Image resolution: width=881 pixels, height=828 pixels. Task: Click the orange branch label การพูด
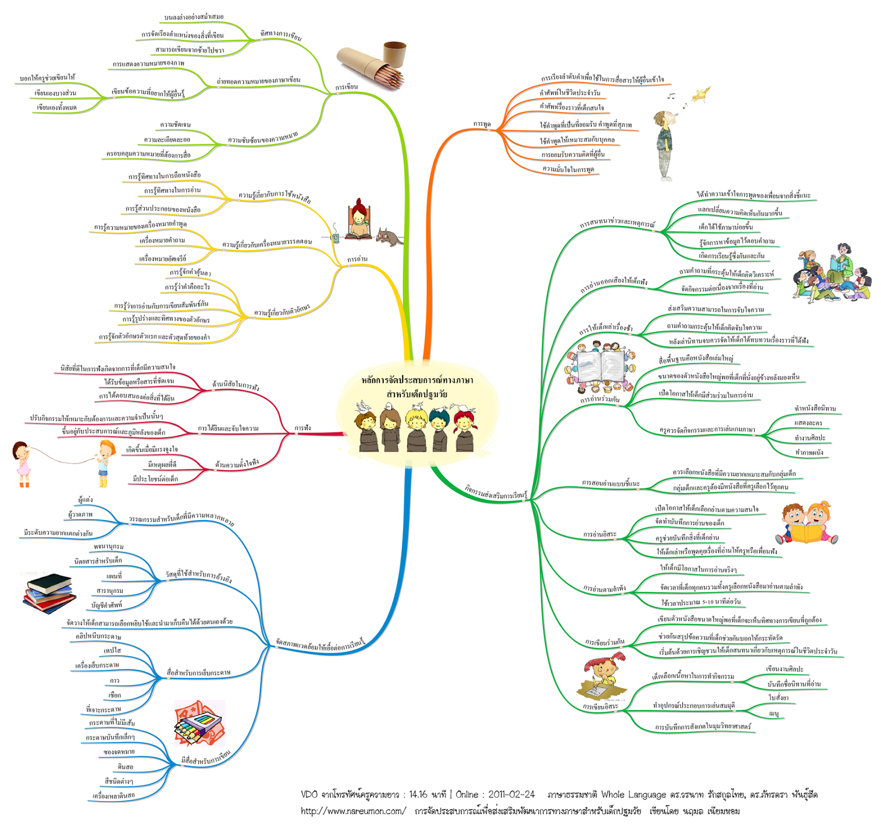pos(482,125)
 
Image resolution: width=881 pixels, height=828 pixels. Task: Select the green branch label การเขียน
pos(346,87)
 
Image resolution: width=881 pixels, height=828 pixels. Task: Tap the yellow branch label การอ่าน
pos(357,259)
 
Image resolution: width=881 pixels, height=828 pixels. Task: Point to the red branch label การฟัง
pos(302,428)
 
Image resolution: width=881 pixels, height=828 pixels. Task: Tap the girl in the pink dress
pos(22,463)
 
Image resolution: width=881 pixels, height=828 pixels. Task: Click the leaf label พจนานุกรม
pos(108,547)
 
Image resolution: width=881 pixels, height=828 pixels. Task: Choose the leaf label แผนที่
pos(114,576)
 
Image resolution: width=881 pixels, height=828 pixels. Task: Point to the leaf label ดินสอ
pos(126,767)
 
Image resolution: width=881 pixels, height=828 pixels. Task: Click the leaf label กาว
pos(115,681)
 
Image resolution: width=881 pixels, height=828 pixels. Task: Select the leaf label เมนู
pos(774,713)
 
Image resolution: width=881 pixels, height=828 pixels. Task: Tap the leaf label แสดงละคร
pos(808,423)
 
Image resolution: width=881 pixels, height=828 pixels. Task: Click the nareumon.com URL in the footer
pos(353,811)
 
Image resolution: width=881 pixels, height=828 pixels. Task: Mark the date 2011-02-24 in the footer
pos(511,794)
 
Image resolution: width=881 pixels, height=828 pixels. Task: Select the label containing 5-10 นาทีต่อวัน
pos(700,602)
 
